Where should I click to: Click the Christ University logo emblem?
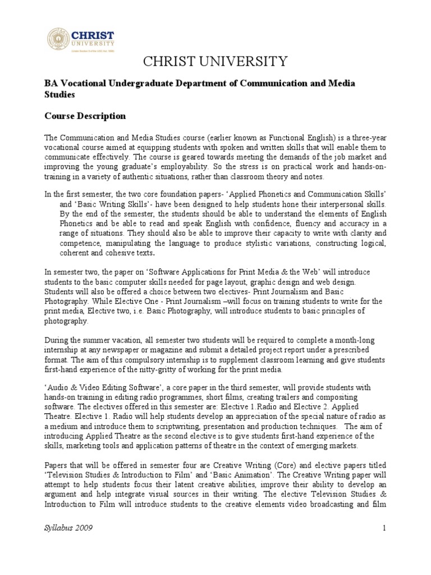(x=57, y=36)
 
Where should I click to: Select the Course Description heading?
(x=85, y=116)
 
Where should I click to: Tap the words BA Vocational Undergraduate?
(x=99, y=83)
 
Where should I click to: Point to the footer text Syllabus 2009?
(x=68, y=528)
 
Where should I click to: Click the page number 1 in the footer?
(x=384, y=528)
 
